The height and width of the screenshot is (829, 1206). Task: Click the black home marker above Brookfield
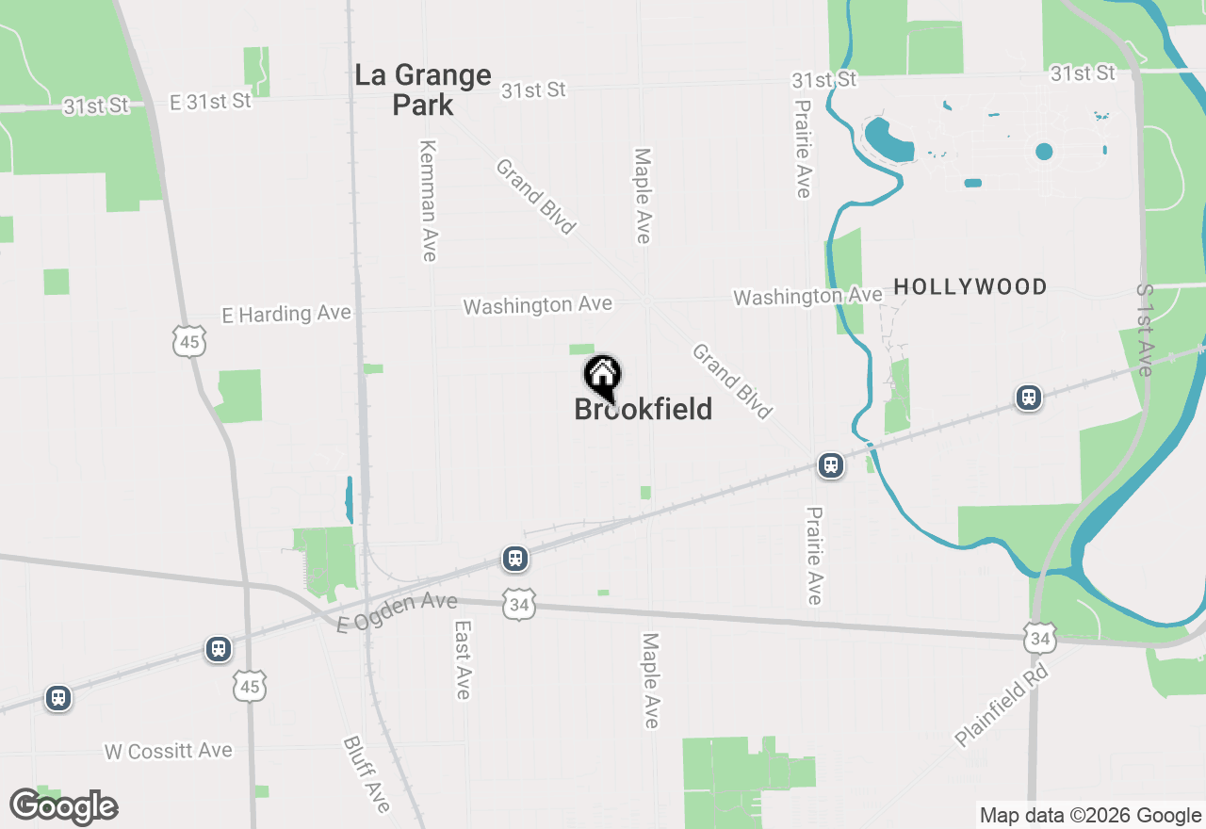pyautogui.click(x=602, y=377)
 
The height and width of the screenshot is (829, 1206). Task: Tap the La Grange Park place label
pyautogui.click(x=423, y=89)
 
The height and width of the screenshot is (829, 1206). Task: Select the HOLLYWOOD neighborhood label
pyautogui.click(x=970, y=287)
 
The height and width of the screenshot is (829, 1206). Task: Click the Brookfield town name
pyautogui.click(x=644, y=410)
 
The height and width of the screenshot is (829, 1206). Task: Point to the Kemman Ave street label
pyautogui.click(x=429, y=201)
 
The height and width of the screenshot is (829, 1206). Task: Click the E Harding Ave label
pyautogui.click(x=286, y=314)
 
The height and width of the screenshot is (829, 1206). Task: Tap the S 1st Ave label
pyautogui.click(x=1145, y=330)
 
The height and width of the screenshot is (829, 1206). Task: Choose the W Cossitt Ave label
pyautogui.click(x=168, y=751)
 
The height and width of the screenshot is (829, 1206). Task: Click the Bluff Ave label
pyautogui.click(x=367, y=773)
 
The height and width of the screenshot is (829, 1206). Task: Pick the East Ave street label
pyautogui.click(x=462, y=659)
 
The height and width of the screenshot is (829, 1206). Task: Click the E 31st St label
pyautogui.click(x=210, y=102)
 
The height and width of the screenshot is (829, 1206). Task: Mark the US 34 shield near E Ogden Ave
pyautogui.click(x=519, y=604)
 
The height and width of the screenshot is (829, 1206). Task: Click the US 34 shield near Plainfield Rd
pyautogui.click(x=1039, y=638)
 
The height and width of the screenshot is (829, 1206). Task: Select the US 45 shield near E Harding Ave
pyautogui.click(x=189, y=341)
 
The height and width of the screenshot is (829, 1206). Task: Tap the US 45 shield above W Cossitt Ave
pyautogui.click(x=250, y=685)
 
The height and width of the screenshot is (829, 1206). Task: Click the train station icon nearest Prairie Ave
pyautogui.click(x=830, y=465)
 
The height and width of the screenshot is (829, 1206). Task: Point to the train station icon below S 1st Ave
pyautogui.click(x=1029, y=398)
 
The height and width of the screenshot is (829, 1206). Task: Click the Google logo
pyautogui.click(x=64, y=806)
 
